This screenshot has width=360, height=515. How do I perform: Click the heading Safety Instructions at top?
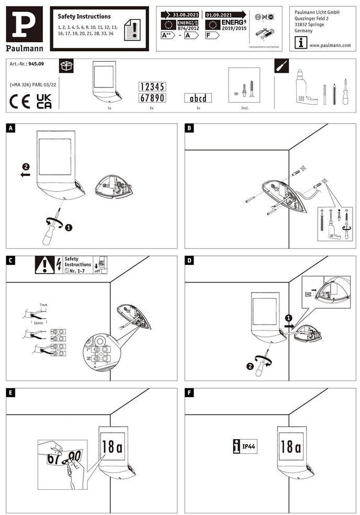coord(84,17)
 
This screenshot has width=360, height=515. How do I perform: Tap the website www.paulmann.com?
coord(330,46)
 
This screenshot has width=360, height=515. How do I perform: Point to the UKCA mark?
coord(44,102)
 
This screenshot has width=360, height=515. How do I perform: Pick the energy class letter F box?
coord(212,35)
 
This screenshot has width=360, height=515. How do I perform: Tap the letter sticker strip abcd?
coord(198,98)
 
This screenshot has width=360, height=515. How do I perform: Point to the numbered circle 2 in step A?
coord(26,167)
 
